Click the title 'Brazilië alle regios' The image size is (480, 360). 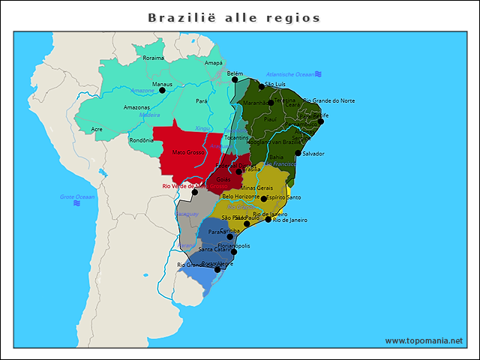[x=234, y=17]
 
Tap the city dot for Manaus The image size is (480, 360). [x=163, y=90]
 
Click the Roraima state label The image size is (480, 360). [x=153, y=58]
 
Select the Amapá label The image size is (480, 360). [x=214, y=63]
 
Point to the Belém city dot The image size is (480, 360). [x=235, y=79]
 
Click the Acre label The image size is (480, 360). [x=97, y=129]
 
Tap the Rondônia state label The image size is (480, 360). [x=142, y=140]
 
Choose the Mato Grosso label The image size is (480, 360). [x=188, y=152]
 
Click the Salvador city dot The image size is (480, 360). [x=298, y=153]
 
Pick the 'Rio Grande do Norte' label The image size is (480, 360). [x=333, y=100]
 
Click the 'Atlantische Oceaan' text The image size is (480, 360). [x=290, y=74]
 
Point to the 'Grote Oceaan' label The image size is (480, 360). [x=77, y=196]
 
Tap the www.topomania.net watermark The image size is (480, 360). [x=424, y=340]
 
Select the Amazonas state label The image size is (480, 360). [x=136, y=107]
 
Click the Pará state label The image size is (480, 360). [x=202, y=100]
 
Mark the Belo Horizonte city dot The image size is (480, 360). [x=263, y=199]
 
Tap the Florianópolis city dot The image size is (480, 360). [x=233, y=251]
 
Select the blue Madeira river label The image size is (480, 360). [x=149, y=115]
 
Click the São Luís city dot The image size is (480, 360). [x=262, y=87]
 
